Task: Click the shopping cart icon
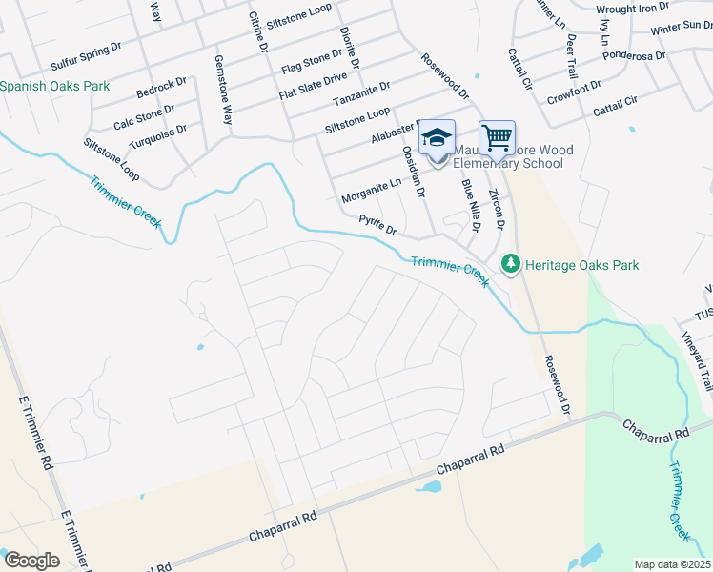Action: [x=497, y=138]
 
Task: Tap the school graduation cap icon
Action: [x=437, y=138]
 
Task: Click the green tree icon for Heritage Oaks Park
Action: [x=511, y=264]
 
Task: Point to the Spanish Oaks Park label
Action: [x=54, y=87]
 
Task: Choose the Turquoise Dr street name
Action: [x=158, y=135]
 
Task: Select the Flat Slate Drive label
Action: [x=315, y=83]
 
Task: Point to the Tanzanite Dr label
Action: [x=361, y=93]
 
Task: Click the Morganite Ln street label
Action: [x=372, y=192]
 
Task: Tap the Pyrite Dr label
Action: [x=377, y=225]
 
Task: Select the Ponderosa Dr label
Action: [x=634, y=56]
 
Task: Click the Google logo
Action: [x=31, y=561]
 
